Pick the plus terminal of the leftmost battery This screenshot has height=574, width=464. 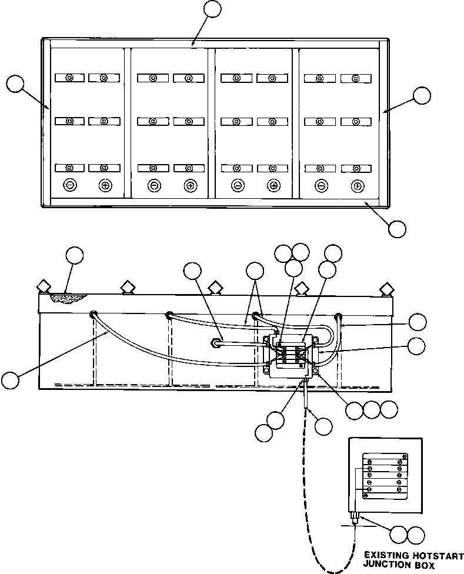click(105, 185)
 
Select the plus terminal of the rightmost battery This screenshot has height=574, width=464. click(356, 186)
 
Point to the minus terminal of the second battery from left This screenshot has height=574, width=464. click(154, 185)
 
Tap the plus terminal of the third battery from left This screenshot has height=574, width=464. click(272, 185)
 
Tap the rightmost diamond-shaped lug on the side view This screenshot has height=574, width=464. click(386, 288)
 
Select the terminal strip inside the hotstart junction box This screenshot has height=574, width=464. click(383, 474)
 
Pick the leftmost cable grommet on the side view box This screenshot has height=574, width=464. click(93, 315)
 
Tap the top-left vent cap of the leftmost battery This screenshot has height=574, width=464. click(69, 78)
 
